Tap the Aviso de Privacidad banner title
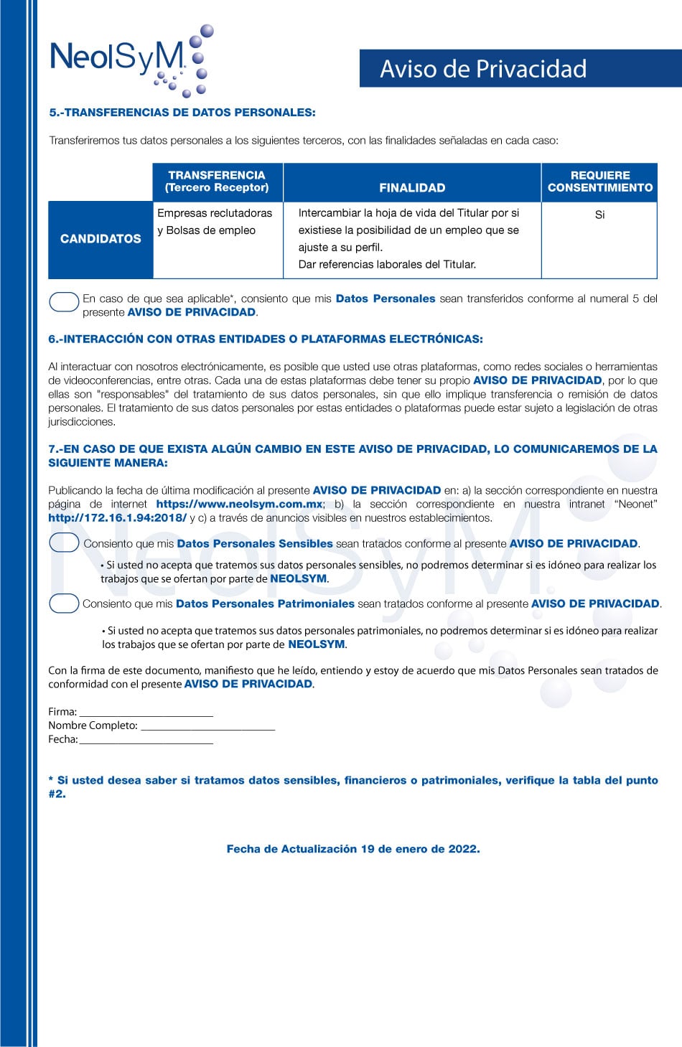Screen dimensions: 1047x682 (483, 69)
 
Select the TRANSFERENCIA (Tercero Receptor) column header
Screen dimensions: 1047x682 (217, 182)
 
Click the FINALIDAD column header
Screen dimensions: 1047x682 (412, 188)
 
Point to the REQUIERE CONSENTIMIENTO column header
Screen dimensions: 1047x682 (599, 182)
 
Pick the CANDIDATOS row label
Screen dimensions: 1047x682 (101, 239)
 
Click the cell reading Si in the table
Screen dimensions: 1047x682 (599, 215)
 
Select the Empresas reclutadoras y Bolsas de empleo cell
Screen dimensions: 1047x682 (215, 222)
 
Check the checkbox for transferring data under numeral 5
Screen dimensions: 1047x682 (64, 302)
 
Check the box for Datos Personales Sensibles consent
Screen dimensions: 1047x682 (64, 543)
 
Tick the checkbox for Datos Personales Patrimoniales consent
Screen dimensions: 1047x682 (64, 604)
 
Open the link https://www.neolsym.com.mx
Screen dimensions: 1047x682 (240, 504)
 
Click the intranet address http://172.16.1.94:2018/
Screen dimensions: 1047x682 (118, 518)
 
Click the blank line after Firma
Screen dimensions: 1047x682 (146, 713)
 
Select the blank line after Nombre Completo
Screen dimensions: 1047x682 (207, 726)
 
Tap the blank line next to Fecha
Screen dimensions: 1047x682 (146, 740)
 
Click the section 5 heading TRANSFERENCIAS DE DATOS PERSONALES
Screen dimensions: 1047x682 (182, 113)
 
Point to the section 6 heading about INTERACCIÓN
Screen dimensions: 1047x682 (266, 339)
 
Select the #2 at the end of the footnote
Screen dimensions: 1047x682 (57, 794)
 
